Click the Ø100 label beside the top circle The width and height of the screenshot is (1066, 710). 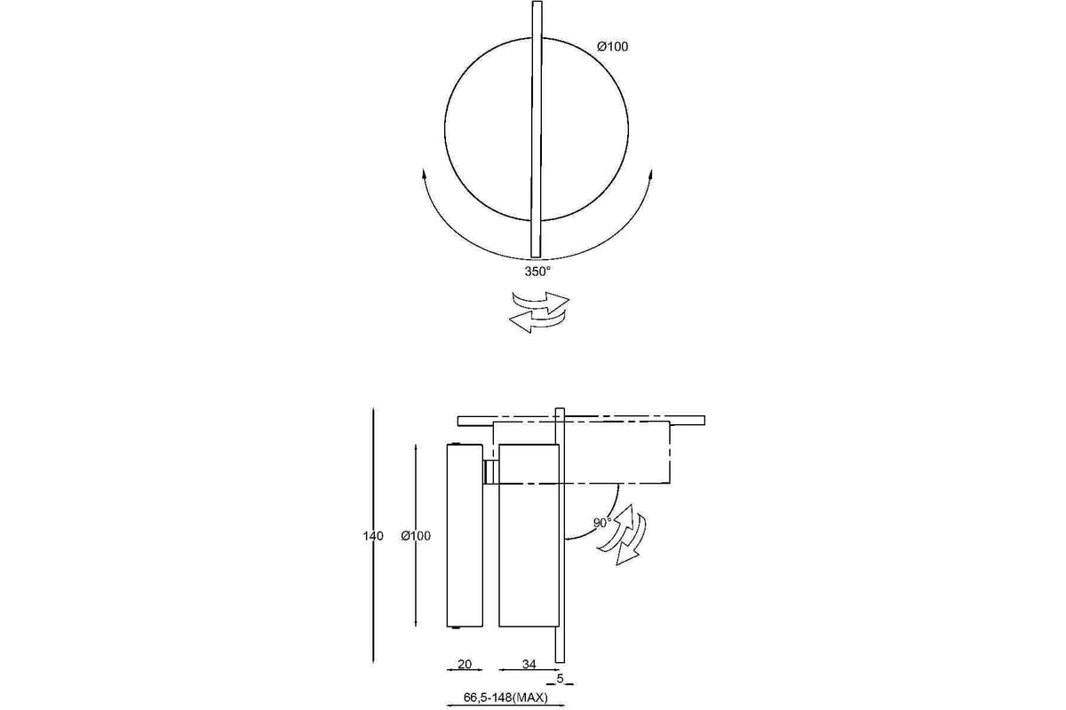(x=612, y=47)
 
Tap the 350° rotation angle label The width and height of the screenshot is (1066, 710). (x=537, y=272)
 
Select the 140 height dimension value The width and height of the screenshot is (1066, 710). (x=373, y=536)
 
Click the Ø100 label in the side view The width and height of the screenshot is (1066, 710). (x=416, y=536)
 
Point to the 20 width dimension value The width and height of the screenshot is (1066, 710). (x=465, y=664)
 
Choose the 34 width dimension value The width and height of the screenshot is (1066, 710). (x=529, y=664)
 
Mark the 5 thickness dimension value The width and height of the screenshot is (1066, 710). (x=561, y=679)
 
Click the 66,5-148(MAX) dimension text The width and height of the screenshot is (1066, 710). (x=505, y=698)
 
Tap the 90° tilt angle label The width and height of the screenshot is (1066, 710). (x=602, y=523)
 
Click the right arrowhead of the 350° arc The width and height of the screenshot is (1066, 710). (x=650, y=173)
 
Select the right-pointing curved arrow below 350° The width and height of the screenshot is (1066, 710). (x=541, y=302)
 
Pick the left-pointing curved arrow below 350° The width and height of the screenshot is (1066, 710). (x=537, y=321)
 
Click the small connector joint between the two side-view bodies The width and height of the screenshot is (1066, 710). (x=490, y=472)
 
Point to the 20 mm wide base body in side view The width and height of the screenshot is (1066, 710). (x=465, y=535)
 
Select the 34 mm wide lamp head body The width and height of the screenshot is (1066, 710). (x=529, y=535)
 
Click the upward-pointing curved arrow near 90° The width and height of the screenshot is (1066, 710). (x=616, y=527)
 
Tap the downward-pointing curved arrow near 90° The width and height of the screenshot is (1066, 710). (x=632, y=540)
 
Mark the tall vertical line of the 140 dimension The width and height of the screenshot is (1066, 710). (x=374, y=535)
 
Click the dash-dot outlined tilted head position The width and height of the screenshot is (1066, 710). (x=582, y=453)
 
